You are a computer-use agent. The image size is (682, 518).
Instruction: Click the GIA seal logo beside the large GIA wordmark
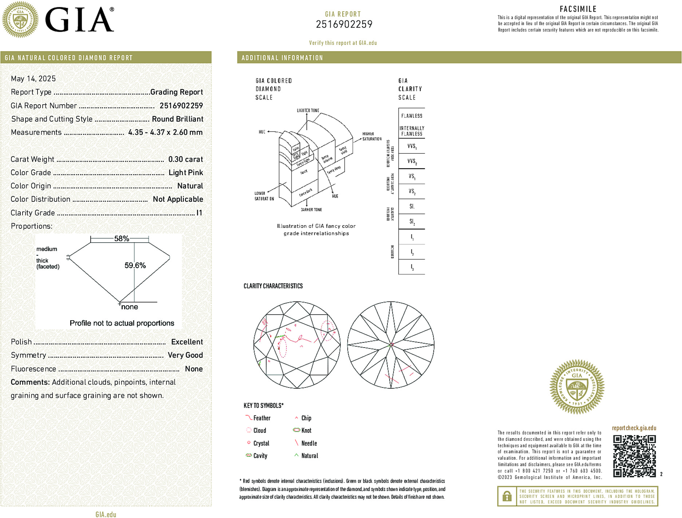click(x=20, y=20)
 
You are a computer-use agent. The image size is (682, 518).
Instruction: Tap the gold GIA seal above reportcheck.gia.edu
click(x=577, y=387)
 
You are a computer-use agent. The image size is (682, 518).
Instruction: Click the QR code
click(x=634, y=456)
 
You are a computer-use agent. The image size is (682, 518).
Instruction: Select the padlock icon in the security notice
click(x=507, y=496)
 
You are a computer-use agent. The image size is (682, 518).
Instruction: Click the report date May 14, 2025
click(x=33, y=79)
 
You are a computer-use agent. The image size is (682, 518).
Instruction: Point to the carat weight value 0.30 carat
click(x=185, y=159)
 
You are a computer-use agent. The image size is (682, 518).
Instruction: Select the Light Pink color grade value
click(x=186, y=173)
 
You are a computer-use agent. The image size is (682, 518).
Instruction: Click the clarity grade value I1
click(x=199, y=213)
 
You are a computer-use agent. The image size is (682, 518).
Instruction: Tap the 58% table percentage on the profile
click(x=122, y=239)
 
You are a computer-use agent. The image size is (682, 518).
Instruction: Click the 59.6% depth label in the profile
click(x=135, y=266)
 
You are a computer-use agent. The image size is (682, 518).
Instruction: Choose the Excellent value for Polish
click(x=187, y=342)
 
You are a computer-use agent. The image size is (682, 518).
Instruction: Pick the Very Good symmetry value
click(x=185, y=355)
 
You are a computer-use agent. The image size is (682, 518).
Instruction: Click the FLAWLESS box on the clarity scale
click(x=412, y=116)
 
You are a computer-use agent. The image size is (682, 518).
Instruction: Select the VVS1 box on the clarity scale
click(x=412, y=146)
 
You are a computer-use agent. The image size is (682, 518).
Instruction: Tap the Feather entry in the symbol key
click(x=261, y=418)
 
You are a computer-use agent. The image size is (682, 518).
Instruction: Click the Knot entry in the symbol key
click(x=306, y=431)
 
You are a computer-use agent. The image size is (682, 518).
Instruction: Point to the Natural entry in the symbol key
click(x=309, y=456)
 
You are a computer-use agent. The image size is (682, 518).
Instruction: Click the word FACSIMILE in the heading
click(x=578, y=9)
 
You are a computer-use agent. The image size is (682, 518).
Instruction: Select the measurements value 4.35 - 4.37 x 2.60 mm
click(x=165, y=132)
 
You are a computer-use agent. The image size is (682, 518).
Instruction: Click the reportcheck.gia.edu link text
click(x=634, y=428)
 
